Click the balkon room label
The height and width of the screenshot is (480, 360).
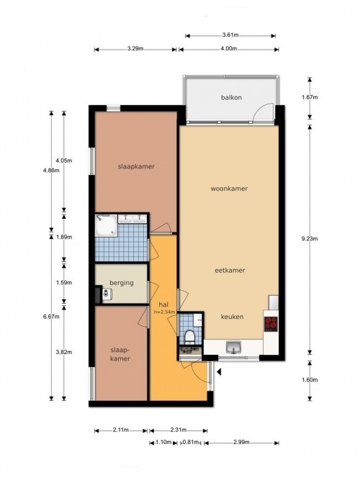point(231,97)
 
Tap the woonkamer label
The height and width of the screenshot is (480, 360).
point(229,189)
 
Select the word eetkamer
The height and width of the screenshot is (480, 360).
point(230,271)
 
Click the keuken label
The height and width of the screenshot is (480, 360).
point(233,317)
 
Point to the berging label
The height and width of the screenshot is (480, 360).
point(122,283)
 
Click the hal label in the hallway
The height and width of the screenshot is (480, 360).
point(163,304)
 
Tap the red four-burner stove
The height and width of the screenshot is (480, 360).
point(271,324)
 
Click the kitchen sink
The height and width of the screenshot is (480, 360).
point(233,348)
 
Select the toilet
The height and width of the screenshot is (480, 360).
point(189,336)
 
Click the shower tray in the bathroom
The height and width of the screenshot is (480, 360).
point(106,225)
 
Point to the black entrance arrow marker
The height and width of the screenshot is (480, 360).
point(219,372)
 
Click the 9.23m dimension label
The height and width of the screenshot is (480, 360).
point(310,239)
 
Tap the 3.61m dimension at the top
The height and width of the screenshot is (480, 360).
point(230,35)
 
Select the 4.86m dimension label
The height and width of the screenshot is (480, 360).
point(51,171)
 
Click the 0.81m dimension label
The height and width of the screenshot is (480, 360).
point(191,442)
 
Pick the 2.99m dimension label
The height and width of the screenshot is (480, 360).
point(241,442)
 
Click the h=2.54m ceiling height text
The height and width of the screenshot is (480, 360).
point(165,312)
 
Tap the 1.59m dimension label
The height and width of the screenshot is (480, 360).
point(64,283)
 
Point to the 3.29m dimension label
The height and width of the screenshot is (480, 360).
point(135,48)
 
